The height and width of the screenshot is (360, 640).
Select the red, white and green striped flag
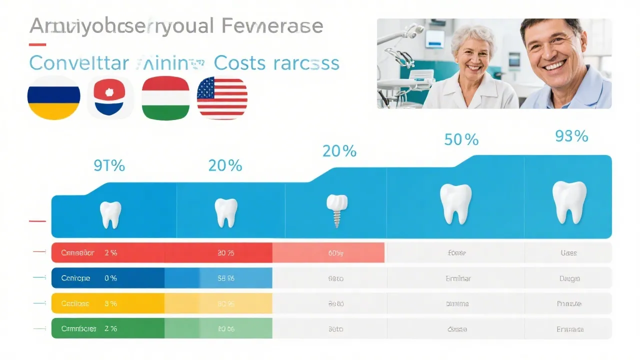coord(165,97)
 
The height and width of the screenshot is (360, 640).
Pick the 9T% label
coord(109,165)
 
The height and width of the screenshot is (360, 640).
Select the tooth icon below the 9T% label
coord(110,214)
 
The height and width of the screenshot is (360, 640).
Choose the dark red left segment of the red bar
coord(108,253)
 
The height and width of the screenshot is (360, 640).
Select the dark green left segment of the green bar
coord(108,329)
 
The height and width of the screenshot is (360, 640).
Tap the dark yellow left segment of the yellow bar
coord(108,303)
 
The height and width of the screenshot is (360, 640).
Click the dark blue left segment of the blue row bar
coord(108,278)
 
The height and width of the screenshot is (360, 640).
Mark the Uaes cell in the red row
coord(568,253)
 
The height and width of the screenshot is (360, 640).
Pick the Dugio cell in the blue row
coord(568,278)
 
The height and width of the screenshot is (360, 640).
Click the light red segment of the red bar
coord(328,253)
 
